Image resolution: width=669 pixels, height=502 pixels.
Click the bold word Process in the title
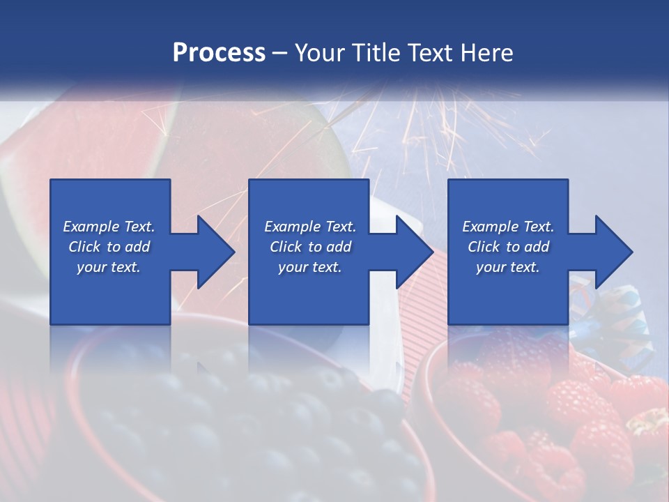pos(219,53)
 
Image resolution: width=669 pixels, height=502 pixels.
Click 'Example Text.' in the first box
pos(109,227)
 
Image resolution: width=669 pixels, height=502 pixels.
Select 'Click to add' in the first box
pos(109,247)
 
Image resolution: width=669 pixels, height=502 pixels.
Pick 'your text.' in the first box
pos(109,267)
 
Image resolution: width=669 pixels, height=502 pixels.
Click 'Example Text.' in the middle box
pos(310,227)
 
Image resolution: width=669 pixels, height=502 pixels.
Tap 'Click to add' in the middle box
pos(310,247)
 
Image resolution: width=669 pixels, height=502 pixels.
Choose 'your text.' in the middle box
pos(310,267)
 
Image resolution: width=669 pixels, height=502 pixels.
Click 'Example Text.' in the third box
pos(508,227)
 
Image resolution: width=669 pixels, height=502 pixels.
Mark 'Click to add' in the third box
pos(508,247)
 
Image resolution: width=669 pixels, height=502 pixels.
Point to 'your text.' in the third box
pos(508,267)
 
